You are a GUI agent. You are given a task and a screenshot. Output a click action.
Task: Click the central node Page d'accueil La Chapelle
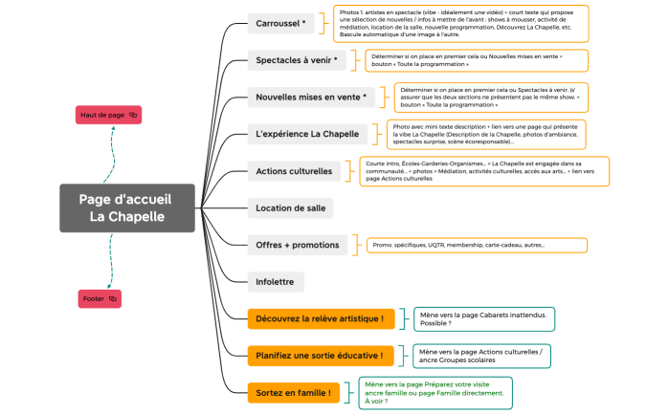pyautogui.click(x=127, y=207)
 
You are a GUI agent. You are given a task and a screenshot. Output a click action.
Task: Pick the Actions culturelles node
pyautogui.click(x=294, y=172)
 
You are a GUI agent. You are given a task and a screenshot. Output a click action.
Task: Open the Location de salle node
pyautogui.click(x=291, y=207)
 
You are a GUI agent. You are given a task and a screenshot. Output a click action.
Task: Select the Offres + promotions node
pyautogui.click(x=297, y=245)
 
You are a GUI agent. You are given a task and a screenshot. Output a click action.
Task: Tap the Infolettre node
pyautogui.click(x=276, y=281)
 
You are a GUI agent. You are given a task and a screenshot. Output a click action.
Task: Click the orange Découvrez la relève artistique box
pyautogui.click(x=321, y=317)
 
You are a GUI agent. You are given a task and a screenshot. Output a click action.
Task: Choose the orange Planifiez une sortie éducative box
pyautogui.click(x=321, y=356)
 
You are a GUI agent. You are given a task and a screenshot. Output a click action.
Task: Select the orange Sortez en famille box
pyautogui.click(x=294, y=392)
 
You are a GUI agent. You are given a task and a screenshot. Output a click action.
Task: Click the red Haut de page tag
pyautogui.click(x=108, y=115)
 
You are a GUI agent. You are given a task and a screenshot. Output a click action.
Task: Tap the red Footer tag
pyautogui.click(x=99, y=299)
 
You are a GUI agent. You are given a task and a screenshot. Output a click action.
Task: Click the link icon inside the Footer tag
pyautogui.click(x=113, y=299)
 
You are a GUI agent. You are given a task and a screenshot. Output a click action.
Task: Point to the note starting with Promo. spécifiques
pyautogui.click(x=477, y=246)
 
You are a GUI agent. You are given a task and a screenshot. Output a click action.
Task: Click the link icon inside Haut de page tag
pyautogui.click(x=133, y=115)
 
